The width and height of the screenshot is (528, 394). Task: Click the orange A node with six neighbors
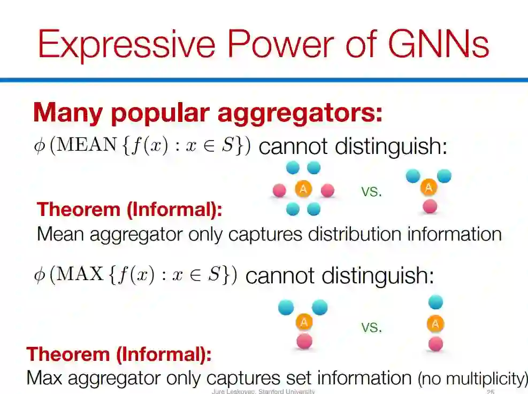pyautogui.click(x=303, y=189)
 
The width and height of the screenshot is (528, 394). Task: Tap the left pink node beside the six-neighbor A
pyautogui.click(x=279, y=190)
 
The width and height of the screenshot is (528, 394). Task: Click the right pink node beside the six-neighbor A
pyautogui.click(x=327, y=190)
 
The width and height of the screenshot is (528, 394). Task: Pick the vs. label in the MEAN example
pyautogui.click(x=371, y=191)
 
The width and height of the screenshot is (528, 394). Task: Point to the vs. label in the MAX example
pyautogui.click(x=371, y=327)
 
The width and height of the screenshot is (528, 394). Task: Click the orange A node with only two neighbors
pyautogui.click(x=435, y=324)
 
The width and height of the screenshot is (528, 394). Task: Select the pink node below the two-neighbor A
pyautogui.click(x=435, y=344)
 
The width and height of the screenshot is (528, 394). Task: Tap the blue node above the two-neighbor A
pyautogui.click(x=435, y=303)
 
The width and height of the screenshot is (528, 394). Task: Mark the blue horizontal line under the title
pyautogui.click(x=264, y=80)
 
